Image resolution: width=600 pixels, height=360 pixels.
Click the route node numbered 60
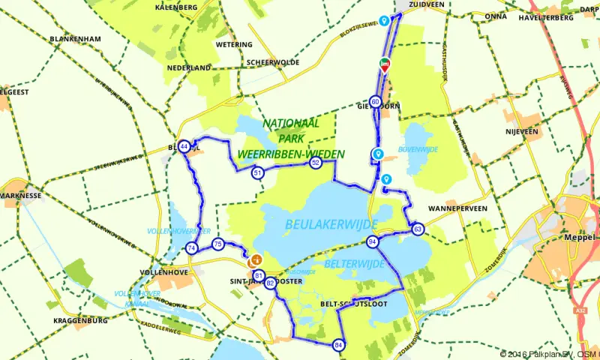375,102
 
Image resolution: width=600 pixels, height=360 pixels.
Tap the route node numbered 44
184,146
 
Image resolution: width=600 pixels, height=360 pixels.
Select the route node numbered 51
258,173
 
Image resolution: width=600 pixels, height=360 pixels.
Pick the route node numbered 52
316,163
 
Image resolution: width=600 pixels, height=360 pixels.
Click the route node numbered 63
418,229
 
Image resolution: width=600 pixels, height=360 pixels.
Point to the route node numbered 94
373,241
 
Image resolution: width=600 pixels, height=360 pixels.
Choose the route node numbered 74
192,248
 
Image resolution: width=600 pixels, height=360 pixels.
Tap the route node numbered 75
217,244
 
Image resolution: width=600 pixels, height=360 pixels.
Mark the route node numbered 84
339,345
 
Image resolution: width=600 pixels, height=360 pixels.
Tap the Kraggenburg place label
81,320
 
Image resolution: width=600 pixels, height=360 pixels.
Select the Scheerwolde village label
268,62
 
